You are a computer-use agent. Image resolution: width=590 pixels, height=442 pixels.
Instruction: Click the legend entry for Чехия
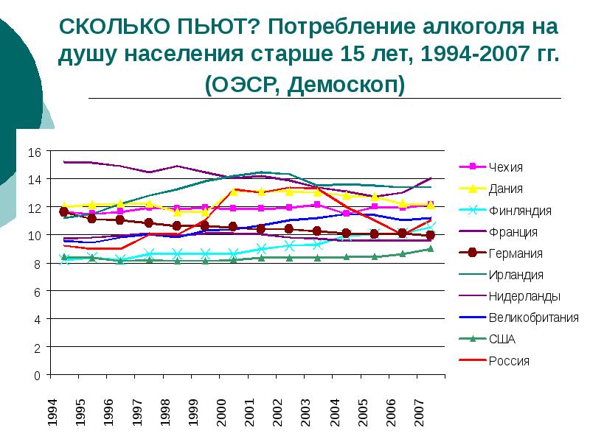point(510,166)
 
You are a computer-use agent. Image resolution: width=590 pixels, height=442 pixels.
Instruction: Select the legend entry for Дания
point(508,189)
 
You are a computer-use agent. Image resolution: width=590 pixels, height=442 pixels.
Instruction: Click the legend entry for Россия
point(508,361)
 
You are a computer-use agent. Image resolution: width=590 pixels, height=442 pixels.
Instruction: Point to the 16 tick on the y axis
point(34,152)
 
